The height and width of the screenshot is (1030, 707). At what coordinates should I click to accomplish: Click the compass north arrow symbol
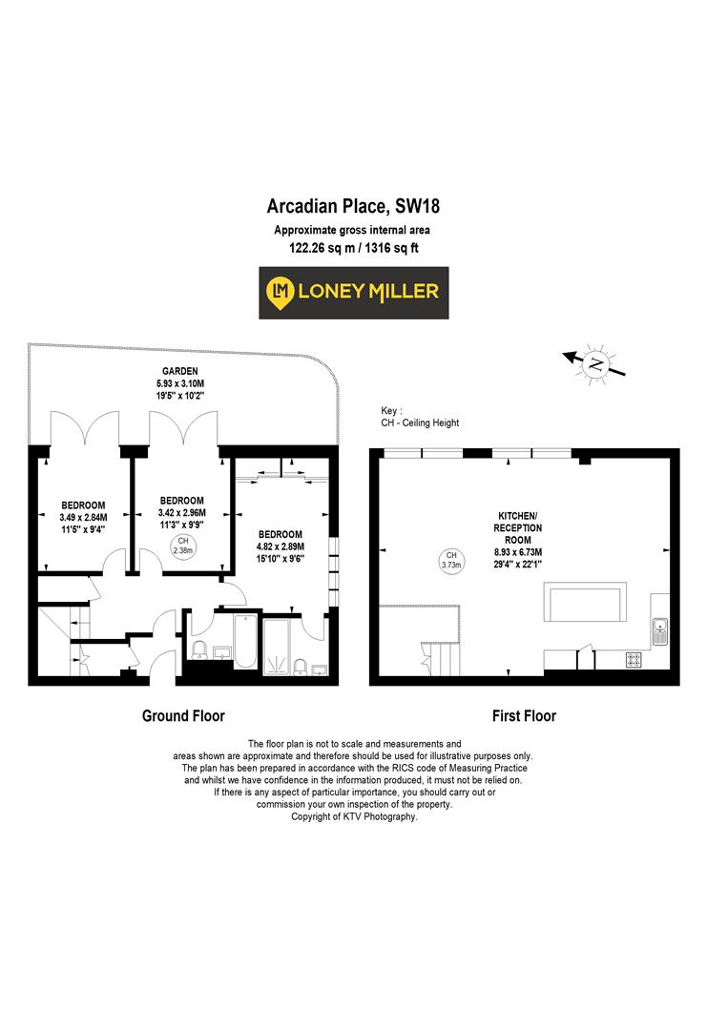[x=596, y=362]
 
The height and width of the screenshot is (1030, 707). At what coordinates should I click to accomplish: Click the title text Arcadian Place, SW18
[x=353, y=206]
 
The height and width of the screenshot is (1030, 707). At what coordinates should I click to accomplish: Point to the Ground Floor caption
[x=183, y=715]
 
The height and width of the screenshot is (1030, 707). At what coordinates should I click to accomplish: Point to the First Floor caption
[x=524, y=715]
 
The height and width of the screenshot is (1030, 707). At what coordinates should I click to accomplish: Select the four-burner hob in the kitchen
[x=634, y=658]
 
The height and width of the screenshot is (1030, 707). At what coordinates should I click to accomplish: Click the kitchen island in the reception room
[x=584, y=604]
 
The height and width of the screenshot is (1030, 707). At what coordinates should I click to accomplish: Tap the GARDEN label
[x=180, y=371]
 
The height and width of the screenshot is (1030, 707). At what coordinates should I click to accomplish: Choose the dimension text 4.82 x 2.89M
[x=281, y=547]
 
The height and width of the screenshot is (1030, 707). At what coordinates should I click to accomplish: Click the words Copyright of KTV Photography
[x=354, y=816]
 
